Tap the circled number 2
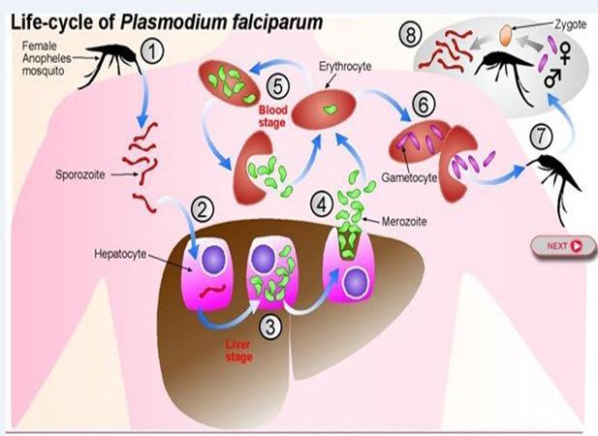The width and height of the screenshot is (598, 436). click(203, 207)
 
